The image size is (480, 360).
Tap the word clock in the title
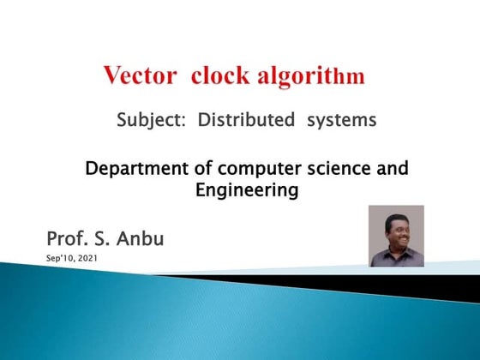point(220,75)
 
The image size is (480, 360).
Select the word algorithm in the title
point(310,76)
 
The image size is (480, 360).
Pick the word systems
point(341,121)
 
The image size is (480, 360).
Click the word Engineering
point(247,191)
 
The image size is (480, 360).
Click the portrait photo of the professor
point(396,236)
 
